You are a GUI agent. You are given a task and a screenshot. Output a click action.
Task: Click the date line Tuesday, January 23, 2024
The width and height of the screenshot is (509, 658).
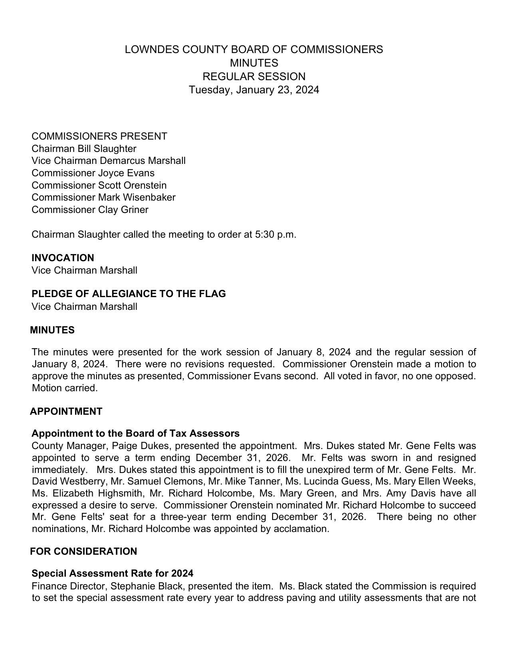tap(254, 90)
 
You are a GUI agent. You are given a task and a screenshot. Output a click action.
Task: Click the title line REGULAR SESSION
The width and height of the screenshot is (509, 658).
tap(254, 76)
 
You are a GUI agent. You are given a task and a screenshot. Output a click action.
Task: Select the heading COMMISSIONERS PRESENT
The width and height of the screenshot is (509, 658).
tap(99, 136)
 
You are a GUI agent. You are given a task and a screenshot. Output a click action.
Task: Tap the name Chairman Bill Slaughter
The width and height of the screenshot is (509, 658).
tap(84, 149)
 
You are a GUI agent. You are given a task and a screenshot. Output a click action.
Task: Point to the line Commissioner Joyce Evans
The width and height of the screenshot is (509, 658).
tap(93, 173)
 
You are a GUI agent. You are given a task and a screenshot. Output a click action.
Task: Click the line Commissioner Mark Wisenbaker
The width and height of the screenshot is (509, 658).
tap(103, 197)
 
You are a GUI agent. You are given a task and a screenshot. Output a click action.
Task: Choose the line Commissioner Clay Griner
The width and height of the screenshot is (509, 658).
tap(90, 210)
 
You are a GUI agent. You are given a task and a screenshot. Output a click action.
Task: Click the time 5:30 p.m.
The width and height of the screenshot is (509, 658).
tap(275, 234)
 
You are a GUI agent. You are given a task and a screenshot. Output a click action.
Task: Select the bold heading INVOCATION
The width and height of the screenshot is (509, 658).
tap(63, 258)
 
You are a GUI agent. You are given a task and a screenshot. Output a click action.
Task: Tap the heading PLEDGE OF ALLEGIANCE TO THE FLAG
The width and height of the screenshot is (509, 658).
tap(129, 294)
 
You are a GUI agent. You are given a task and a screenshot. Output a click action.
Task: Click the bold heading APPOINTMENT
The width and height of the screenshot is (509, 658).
tap(66, 412)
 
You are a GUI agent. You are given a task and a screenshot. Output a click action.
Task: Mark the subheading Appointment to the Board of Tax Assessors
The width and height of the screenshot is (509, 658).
tap(135, 433)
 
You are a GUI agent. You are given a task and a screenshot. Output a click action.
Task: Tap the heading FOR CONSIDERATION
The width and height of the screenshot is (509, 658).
tap(83, 552)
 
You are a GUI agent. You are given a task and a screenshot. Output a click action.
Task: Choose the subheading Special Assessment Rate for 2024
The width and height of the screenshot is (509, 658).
tap(112, 573)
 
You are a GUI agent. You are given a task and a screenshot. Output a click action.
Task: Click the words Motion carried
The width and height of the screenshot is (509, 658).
tap(65, 388)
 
